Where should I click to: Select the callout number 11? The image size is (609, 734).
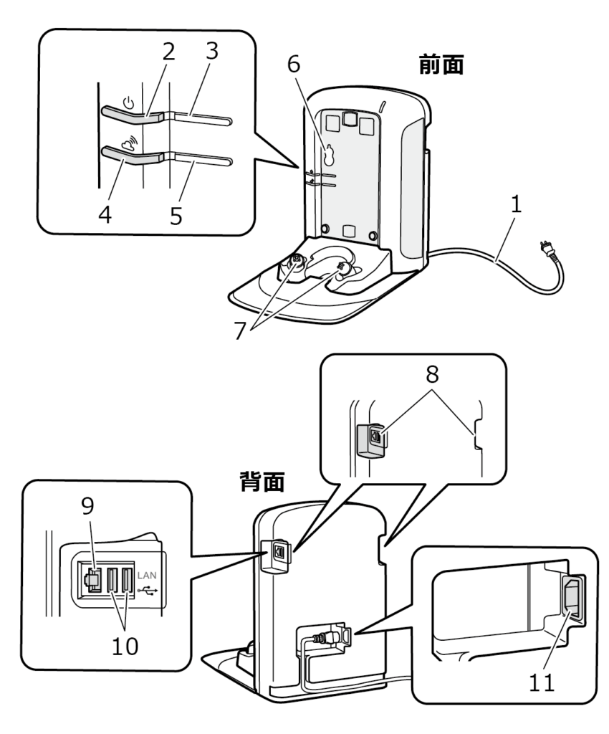click(x=542, y=681)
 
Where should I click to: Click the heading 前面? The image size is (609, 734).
click(x=441, y=67)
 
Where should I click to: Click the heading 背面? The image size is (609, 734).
click(x=262, y=482)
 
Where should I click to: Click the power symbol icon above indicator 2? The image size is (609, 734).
click(x=128, y=102)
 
